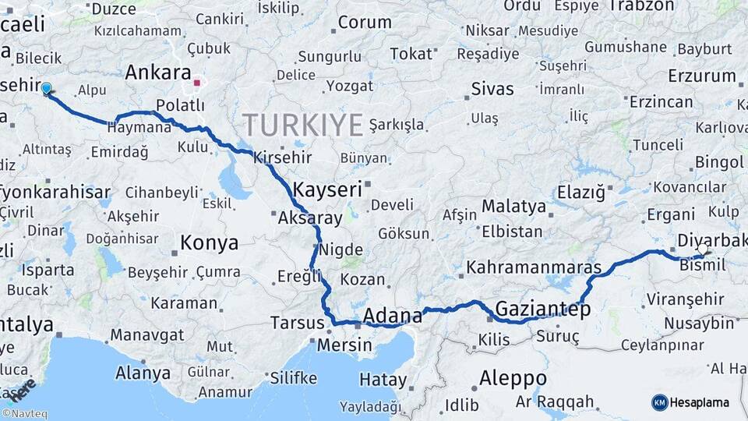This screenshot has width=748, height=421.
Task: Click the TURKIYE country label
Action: click(302, 125)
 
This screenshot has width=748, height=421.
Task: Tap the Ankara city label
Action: click(158, 73)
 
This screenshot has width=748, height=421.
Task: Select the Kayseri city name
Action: click(327, 189)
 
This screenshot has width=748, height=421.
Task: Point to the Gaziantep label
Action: click(542, 310)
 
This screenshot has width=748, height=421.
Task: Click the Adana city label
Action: click(393, 317)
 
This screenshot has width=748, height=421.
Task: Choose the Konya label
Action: click(209, 243)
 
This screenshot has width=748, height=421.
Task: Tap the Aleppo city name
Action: click(513, 379)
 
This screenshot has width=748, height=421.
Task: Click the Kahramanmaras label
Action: click(534, 268)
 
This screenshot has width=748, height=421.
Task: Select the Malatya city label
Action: click(513, 207)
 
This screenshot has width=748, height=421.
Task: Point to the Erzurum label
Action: click(701, 76)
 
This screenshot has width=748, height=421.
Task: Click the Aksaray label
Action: click(309, 218)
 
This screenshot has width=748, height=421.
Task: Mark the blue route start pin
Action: click(46, 89)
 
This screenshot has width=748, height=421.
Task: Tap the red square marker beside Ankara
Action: click(198, 81)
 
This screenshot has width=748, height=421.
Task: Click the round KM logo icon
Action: click(659, 402)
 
